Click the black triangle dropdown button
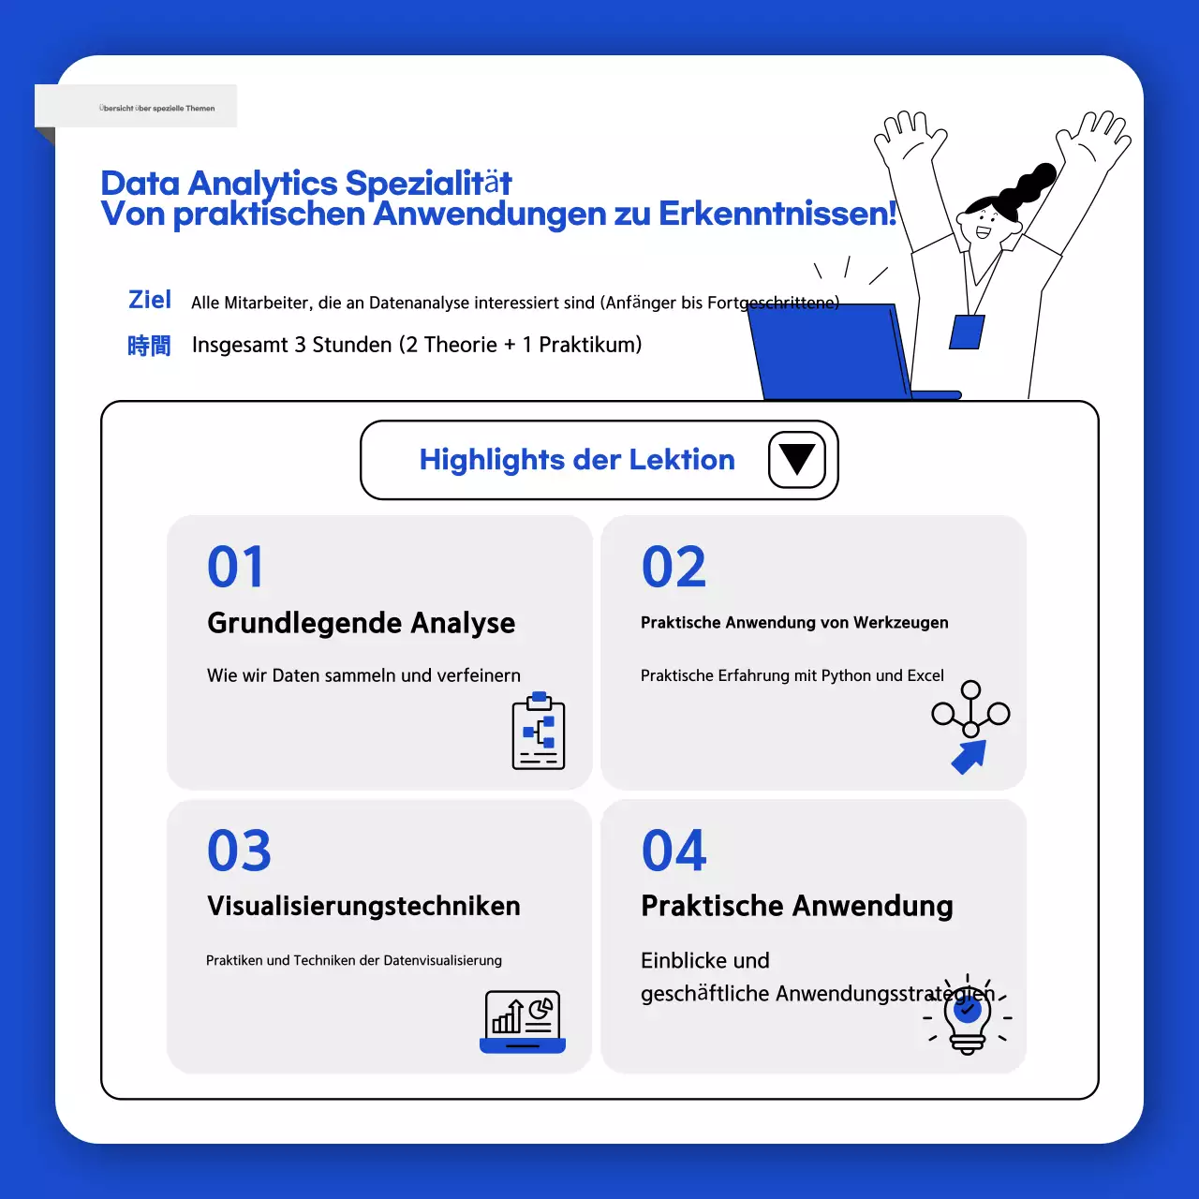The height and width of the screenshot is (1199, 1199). pyautogui.click(x=797, y=460)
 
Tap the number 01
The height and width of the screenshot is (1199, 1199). pyautogui.click(x=236, y=568)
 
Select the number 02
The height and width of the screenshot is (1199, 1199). pyautogui.click(x=674, y=568)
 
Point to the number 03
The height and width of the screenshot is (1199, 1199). pyautogui.click(x=239, y=851)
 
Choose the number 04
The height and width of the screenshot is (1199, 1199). pyautogui.click(x=674, y=851)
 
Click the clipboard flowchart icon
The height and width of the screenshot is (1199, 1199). pyautogui.click(x=539, y=732)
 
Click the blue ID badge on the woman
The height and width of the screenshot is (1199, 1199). pyautogui.click(x=967, y=333)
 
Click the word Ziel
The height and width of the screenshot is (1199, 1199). pyautogui.click(x=150, y=300)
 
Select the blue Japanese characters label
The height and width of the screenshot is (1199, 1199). pyautogui.click(x=149, y=346)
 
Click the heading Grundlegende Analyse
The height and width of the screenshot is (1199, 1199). pyautogui.click(x=361, y=623)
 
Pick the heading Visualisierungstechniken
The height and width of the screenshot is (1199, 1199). pyautogui.click(x=363, y=906)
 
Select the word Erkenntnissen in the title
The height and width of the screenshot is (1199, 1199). pyautogui.click(x=777, y=214)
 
